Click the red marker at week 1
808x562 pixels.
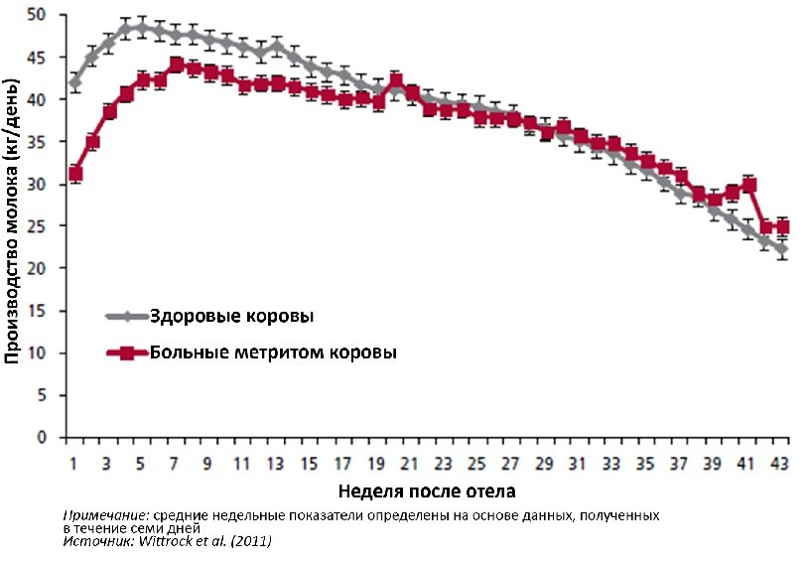click(75, 174)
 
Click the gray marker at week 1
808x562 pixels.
click(75, 83)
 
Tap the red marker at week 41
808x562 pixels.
click(749, 185)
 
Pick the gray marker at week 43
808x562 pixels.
click(783, 249)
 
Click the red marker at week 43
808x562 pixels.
click(783, 227)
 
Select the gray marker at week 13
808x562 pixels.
click(277, 45)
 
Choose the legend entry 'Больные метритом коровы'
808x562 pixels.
click(273, 353)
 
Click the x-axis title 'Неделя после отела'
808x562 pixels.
click(427, 492)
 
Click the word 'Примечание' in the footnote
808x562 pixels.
click(99, 516)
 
